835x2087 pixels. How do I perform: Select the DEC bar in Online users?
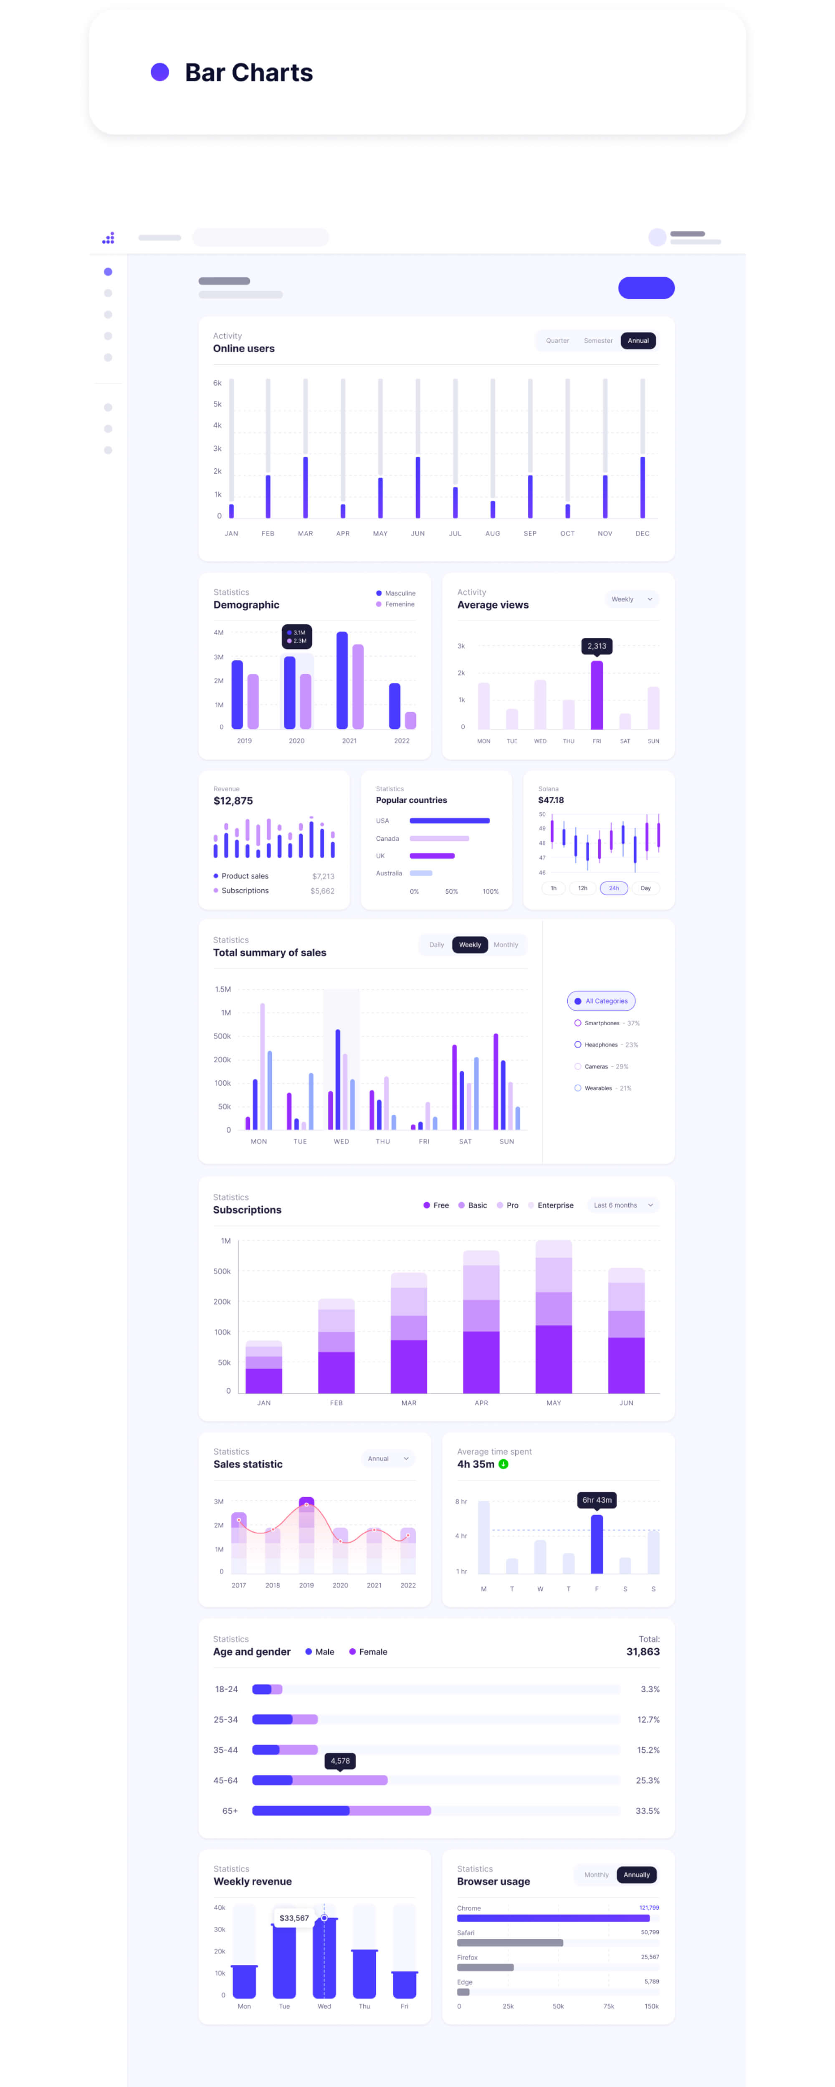coord(642,486)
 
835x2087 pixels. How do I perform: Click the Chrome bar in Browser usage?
coord(553,1918)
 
